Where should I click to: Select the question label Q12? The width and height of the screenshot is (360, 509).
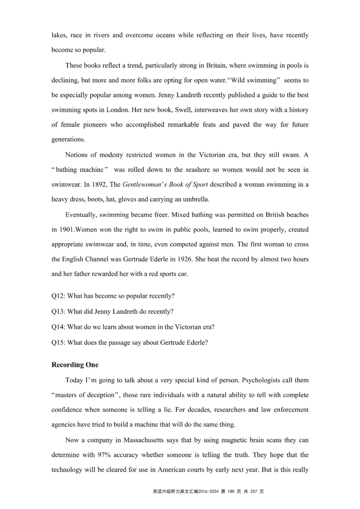coord(58,296)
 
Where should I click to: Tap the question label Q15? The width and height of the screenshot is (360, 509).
coord(58,342)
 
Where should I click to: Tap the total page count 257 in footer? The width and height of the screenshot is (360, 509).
coord(255,491)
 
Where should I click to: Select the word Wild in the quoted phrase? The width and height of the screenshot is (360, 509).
coord(238,80)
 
